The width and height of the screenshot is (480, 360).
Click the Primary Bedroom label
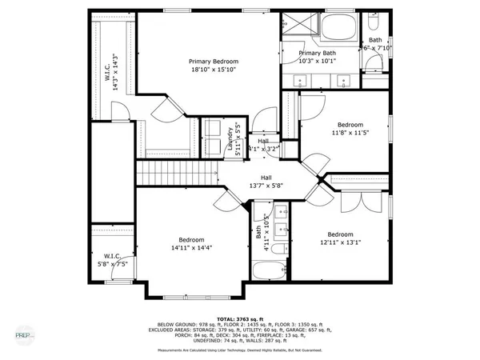click(x=213, y=61)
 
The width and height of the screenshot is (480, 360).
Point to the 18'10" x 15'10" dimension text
click(x=213, y=70)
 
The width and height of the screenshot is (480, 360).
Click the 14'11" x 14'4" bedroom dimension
click(x=190, y=248)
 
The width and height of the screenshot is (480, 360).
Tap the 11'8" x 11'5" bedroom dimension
click(x=350, y=133)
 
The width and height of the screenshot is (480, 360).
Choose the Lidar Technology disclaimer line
click(x=240, y=350)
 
